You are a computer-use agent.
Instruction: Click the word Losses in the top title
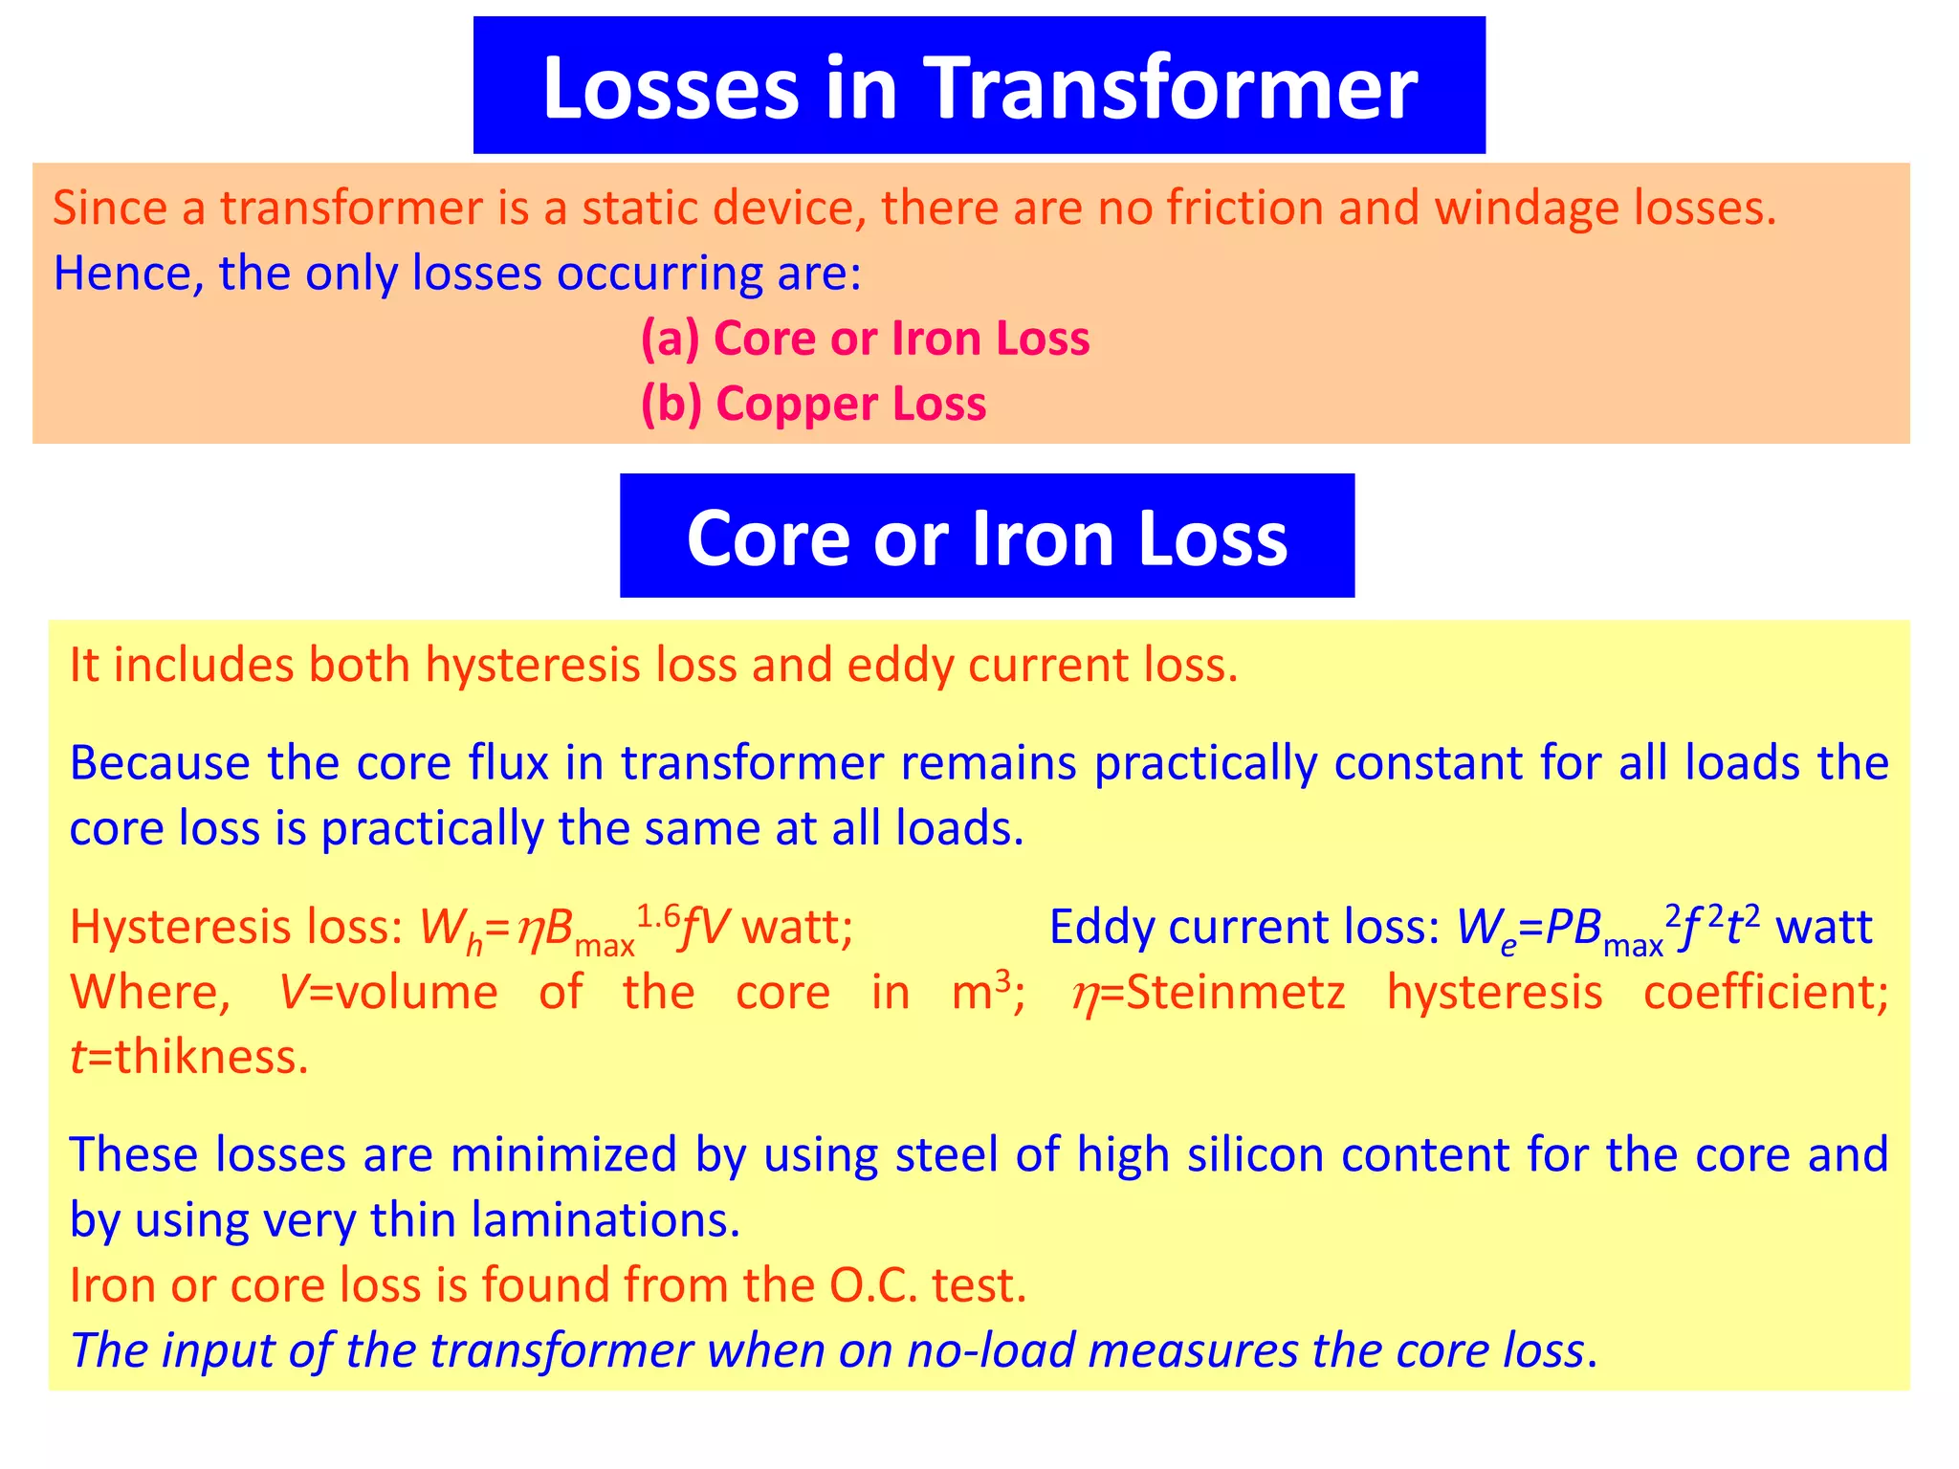click(670, 88)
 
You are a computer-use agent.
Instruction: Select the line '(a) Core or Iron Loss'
click(865, 339)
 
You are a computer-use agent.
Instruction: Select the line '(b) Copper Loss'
click(813, 404)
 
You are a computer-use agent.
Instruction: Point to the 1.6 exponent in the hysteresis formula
click(658, 916)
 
